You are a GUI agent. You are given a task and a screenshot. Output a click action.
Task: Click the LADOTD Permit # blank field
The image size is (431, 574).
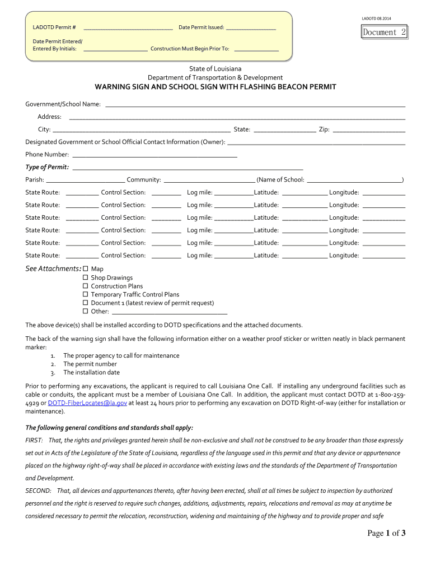[128, 27]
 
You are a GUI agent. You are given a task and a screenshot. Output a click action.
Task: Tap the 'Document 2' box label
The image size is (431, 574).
[384, 33]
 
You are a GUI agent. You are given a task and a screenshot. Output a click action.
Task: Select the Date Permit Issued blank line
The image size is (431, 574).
[251, 27]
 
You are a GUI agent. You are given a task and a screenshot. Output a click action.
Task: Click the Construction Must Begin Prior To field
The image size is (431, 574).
[256, 49]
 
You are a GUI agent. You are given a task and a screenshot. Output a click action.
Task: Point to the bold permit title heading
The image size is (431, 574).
[215, 87]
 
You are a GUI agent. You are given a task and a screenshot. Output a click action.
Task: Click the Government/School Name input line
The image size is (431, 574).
[255, 105]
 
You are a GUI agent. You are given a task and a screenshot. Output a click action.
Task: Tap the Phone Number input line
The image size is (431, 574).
[155, 155]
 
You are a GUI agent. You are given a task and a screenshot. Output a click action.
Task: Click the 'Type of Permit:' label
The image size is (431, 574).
[48, 167]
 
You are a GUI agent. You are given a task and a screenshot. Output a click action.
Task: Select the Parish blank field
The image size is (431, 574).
[85, 180]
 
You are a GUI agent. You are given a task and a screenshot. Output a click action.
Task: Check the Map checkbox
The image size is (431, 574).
[86, 269]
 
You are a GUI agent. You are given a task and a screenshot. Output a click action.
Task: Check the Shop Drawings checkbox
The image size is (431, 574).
[86, 277]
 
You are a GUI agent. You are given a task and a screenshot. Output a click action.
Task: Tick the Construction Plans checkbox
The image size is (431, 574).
[86, 286]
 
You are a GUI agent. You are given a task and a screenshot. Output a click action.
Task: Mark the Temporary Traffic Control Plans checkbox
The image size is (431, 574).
[86, 294]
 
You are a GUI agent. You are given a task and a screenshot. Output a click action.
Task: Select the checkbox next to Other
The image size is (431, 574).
[86, 311]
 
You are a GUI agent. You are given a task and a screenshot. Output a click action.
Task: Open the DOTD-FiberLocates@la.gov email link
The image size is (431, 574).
[87, 402]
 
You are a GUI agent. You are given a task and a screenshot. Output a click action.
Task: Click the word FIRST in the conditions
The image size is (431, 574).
[34, 441]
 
